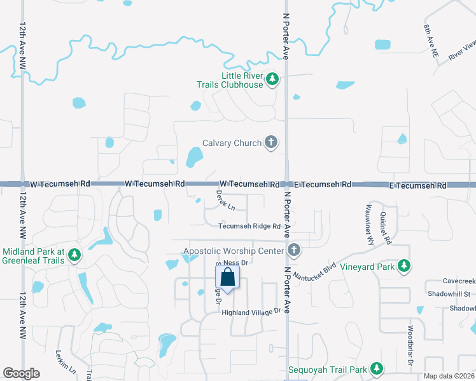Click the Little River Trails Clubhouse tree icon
[x=272, y=79]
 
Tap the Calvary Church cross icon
[x=271, y=143]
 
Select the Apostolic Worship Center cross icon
[x=293, y=251]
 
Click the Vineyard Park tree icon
[x=403, y=267]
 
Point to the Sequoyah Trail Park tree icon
[x=377, y=369]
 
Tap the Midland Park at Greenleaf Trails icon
[x=74, y=255]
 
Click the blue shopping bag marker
[x=228, y=277]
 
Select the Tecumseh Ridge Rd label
[x=249, y=226]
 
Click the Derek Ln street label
[x=225, y=200]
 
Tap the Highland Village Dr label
[x=251, y=312]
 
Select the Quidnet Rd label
[x=385, y=227]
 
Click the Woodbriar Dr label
[x=410, y=345]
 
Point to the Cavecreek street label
[x=459, y=281]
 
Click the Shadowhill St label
[x=449, y=294]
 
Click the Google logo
[x=21, y=373]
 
